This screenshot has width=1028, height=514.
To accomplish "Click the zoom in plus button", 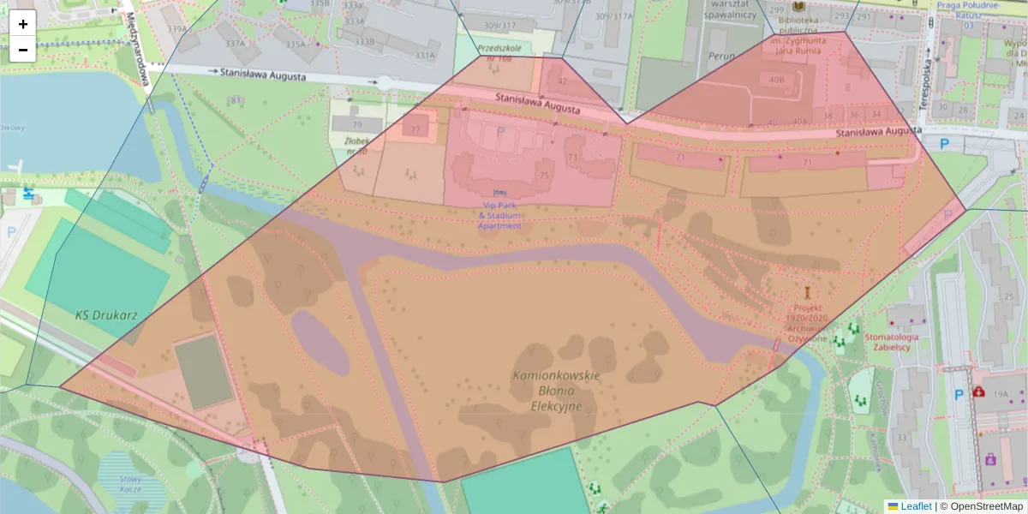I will tap(23, 24).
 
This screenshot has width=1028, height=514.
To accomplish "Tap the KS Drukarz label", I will tap(94, 314).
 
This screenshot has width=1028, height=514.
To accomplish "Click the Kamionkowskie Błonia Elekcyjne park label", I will tap(556, 391).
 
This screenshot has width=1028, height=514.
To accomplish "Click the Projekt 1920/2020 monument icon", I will tap(806, 292).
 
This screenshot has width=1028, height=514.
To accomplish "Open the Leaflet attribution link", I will tap(916, 506).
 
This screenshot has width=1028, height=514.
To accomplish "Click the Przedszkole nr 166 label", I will tap(499, 53).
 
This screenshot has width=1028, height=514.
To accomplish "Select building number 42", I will tap(562, 81).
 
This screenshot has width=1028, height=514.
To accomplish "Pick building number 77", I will tap(416, 129).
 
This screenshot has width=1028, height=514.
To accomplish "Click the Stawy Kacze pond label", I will tap(130, 484).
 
